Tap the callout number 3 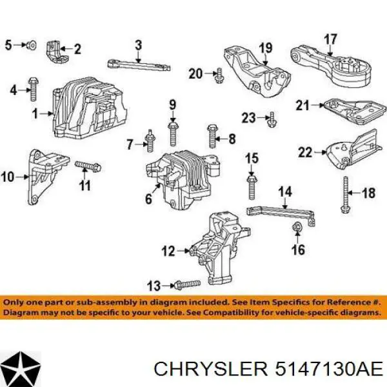[x=137, y=45]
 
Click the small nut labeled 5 [x=30, y=45]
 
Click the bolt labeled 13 [x=183, y=284]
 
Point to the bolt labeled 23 [x=272, y=118]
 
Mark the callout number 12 [x=167, y=252]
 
